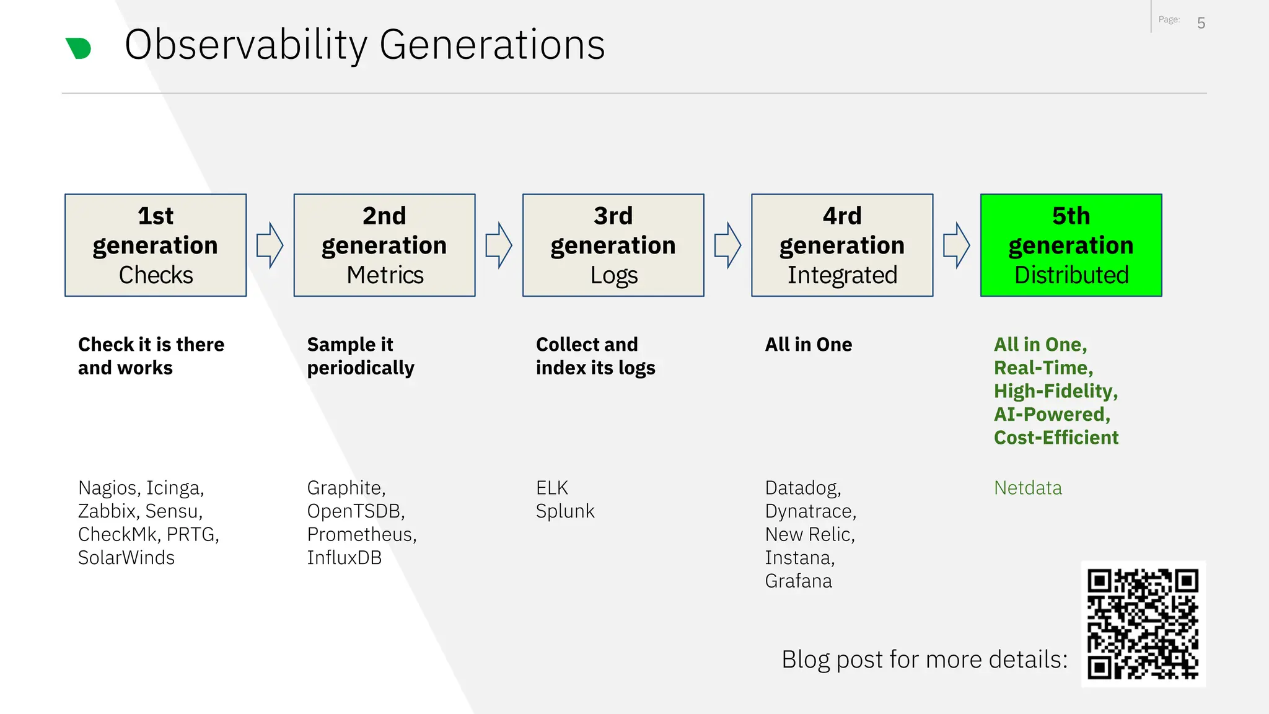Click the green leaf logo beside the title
(x=79, y=48)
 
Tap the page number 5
(x=1201, y=24)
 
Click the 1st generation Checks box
(x=156, y=245)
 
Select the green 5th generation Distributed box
(x=1071, y=245)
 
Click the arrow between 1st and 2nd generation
(x=270, y=245)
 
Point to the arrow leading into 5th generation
(x=956, y=245)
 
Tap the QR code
(x=1143, y=624)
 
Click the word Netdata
(x=1027, y=488)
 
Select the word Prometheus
(x=361, y=534)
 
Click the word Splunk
(x=565, y=511)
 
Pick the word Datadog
(x=802, y=488)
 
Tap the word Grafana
(x=798, y=581)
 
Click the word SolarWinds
(x=126, y=558)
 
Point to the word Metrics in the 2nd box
(x=385, y=275)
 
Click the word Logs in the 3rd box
(x=613, y=275)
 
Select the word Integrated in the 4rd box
(x=842, y=275)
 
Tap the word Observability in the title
(x=246, y=45)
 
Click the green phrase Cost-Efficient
(x=1056, y=438)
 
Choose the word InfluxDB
(x=345, y=558)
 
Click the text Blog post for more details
(x=924, y=659)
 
